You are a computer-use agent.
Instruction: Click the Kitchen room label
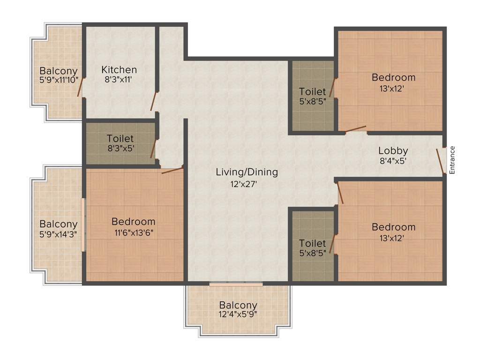pyautogui.click(x=119, y=70)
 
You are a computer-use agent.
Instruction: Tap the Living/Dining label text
pyautogui.click(x=247, y=172)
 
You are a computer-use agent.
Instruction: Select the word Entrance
pyautogui.click(x=452, y=160)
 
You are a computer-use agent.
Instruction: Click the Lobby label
pyautogui.click(x=393, y=151)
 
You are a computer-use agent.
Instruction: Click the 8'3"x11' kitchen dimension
pyautogui.click(x=119, y=80)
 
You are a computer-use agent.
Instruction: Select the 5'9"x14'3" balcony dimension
pyautogui.click(x=59, y=233)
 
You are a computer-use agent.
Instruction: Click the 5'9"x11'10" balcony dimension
pyautogui.click(x=59, y=80)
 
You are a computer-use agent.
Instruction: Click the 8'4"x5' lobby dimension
pyautogui.click(x=392, y=160)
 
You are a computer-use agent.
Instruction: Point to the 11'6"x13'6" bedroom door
pyautogui.click(x=172, y=170)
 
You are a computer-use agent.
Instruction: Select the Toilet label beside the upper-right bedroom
pyautogui.click(x=312, y=91)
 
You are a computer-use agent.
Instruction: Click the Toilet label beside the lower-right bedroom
pyautogui.click(x=312, y=243)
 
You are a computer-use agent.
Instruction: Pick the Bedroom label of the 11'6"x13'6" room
pyautogui.click(x=133, y=222)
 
